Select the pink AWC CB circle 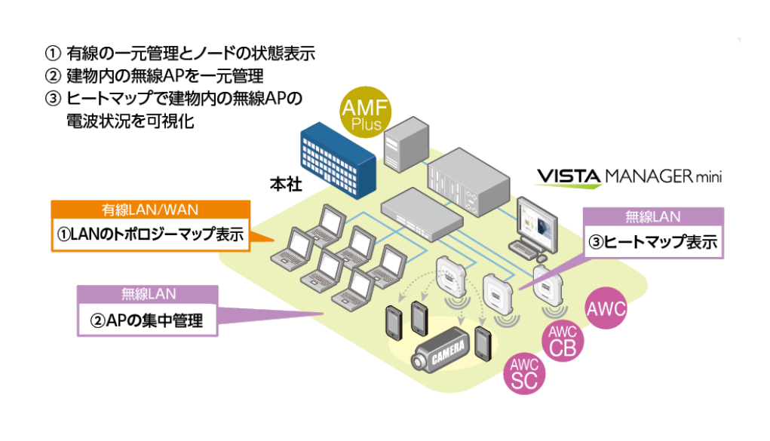tap(563, 341)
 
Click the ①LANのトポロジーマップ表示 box tap(150, 234)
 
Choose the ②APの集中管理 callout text tap(146, 320)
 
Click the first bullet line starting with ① tap(180, 54)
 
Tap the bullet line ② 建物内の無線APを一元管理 tap(154, 76)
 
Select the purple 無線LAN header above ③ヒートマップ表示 tap(653, 217)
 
